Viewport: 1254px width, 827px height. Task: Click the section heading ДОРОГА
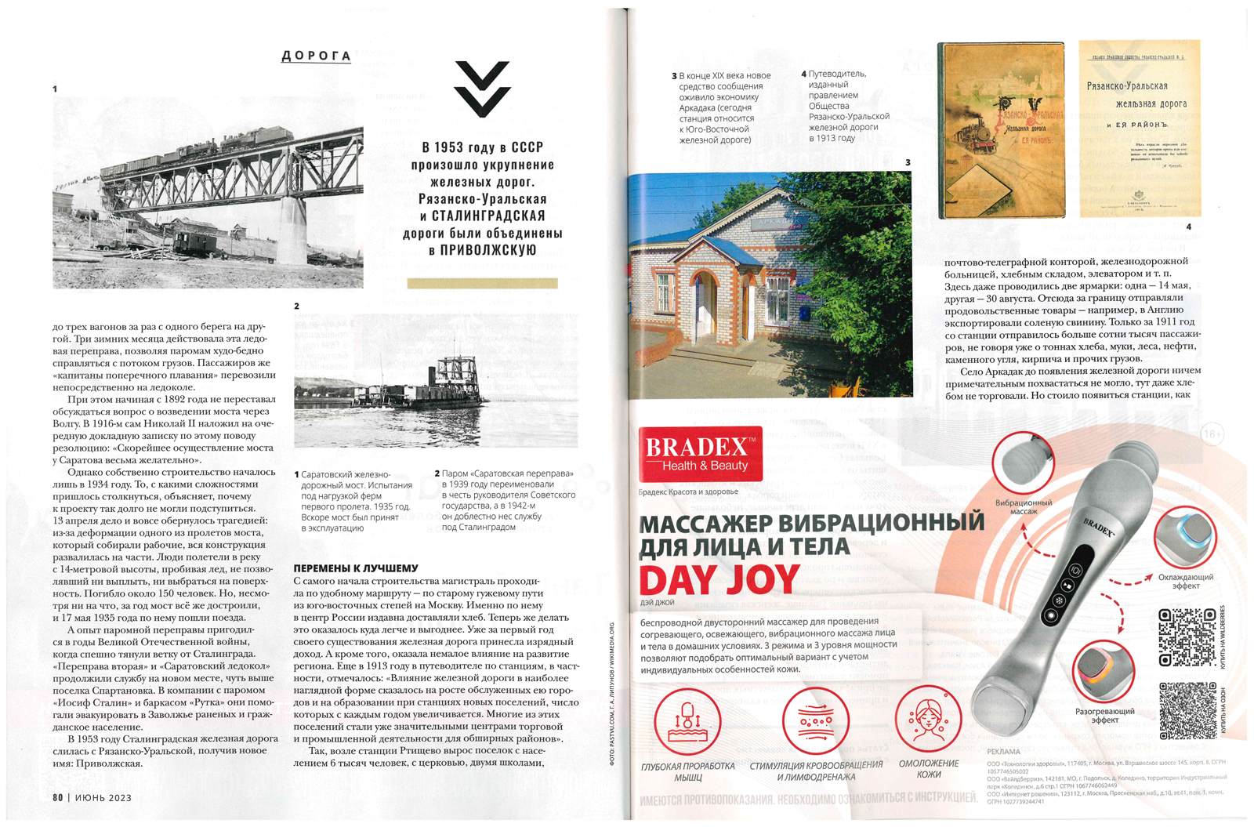(316, 56)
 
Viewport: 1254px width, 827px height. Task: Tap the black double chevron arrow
(482, 89)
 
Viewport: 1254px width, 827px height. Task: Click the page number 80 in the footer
(58, 797)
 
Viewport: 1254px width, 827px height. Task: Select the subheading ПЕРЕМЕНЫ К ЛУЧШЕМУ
(355, 568)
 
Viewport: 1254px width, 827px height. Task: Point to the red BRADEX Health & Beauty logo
(700, 454)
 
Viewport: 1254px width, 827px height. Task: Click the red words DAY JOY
(719, 580)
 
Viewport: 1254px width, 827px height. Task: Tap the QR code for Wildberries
(1187, 638)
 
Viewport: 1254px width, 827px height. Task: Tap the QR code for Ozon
(1187, 710)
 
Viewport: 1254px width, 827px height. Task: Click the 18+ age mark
(1212, 433)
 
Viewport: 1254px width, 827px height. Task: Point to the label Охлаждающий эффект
(1185, 581)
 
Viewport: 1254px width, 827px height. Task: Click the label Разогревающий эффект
(1104, 715)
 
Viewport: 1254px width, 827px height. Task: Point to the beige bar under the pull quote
(482, 283)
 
